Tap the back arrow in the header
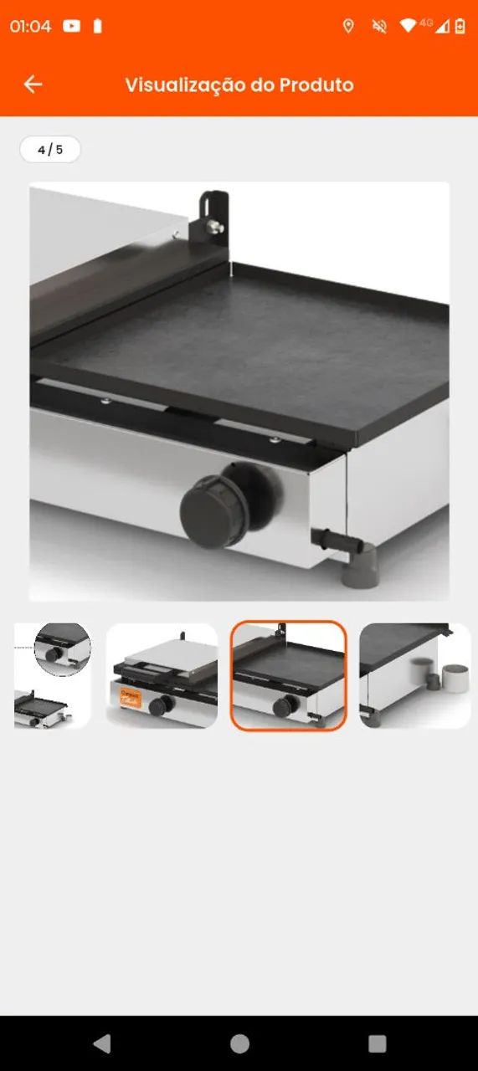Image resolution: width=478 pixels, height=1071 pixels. [33, 85]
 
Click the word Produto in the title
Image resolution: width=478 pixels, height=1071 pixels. [316, 85]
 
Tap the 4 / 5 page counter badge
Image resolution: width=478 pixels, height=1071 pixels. [50, 150]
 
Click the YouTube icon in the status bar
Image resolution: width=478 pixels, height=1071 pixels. [71, 26]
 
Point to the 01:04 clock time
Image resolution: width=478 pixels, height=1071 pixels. [30, 26]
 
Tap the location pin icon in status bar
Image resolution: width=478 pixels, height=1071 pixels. [348, 26]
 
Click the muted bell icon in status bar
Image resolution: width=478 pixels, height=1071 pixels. [379, 26]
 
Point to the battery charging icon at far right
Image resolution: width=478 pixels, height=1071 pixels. [460, 26]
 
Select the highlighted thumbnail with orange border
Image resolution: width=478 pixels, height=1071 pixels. [289, 675]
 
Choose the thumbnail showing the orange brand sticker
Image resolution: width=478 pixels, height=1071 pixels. [162, 675]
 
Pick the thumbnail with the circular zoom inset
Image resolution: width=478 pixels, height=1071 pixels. [52, 675]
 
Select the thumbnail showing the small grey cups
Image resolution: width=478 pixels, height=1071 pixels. [415, 675]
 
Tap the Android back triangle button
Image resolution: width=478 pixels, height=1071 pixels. [102, 1043]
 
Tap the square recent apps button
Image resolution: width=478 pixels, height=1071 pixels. [377, 1043]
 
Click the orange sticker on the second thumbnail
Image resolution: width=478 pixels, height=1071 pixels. [131, 698]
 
